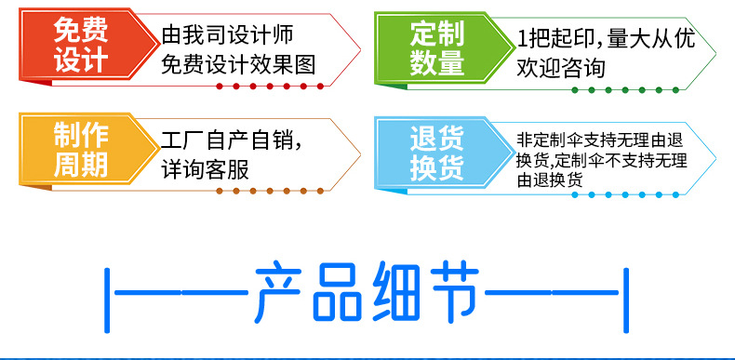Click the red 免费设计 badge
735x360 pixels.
(80, 47)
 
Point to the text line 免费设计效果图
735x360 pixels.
(238, 65)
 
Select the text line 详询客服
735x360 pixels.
(205, 170)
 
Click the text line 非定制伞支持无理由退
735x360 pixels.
(602, 140)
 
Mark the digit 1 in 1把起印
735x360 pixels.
(522, 39)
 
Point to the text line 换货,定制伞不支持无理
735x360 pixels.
(602, 160)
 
